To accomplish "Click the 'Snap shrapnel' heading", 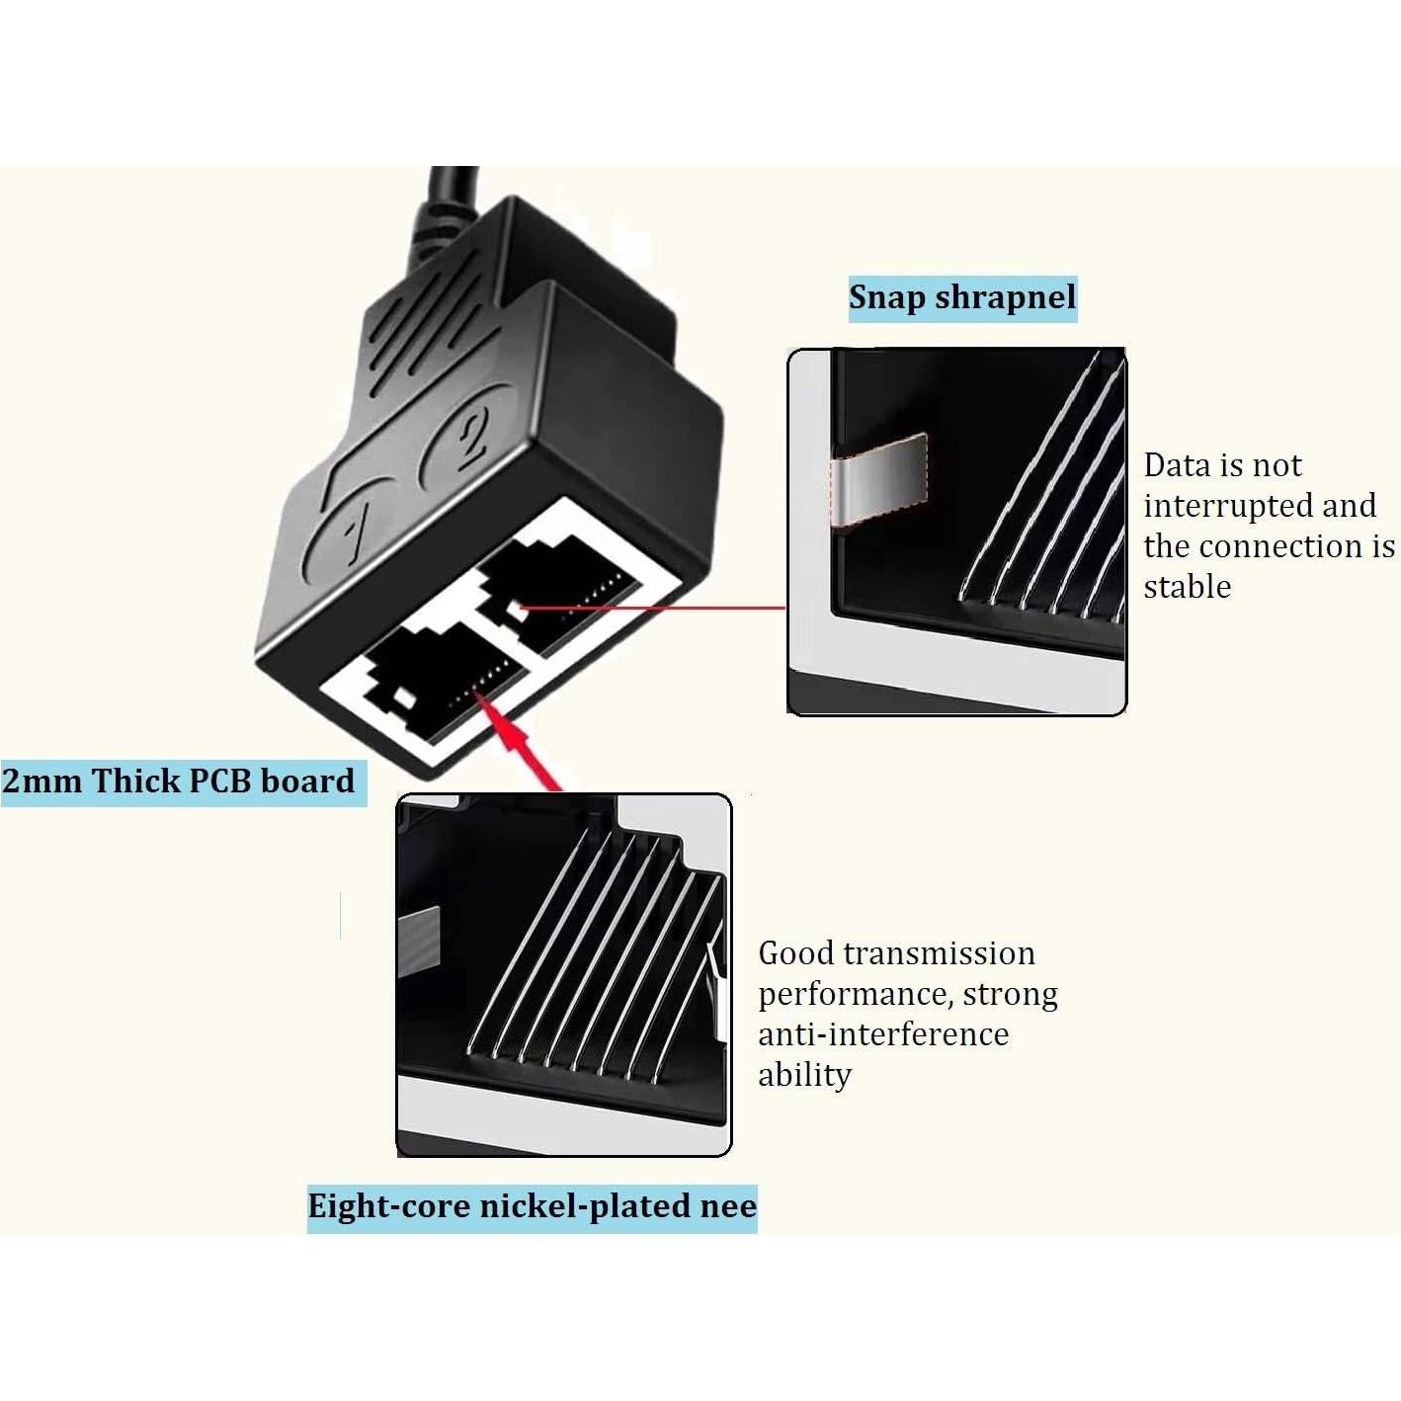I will tap(961, 297).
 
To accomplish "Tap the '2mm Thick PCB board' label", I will tap(179, 782).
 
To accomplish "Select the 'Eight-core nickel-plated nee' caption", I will tap(532, 1206).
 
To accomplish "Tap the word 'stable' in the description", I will tap(1187, 587).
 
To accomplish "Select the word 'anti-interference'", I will tap(883, 1034).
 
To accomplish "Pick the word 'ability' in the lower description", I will tap(804, 1075).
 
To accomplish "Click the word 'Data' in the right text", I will tap(1177, 465).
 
